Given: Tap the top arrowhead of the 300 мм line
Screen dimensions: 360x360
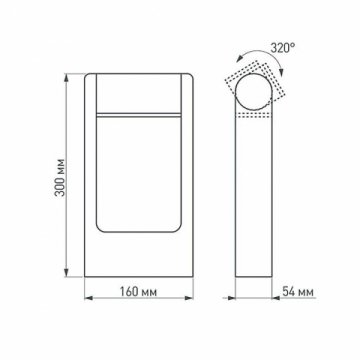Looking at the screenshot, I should point(67,75).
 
